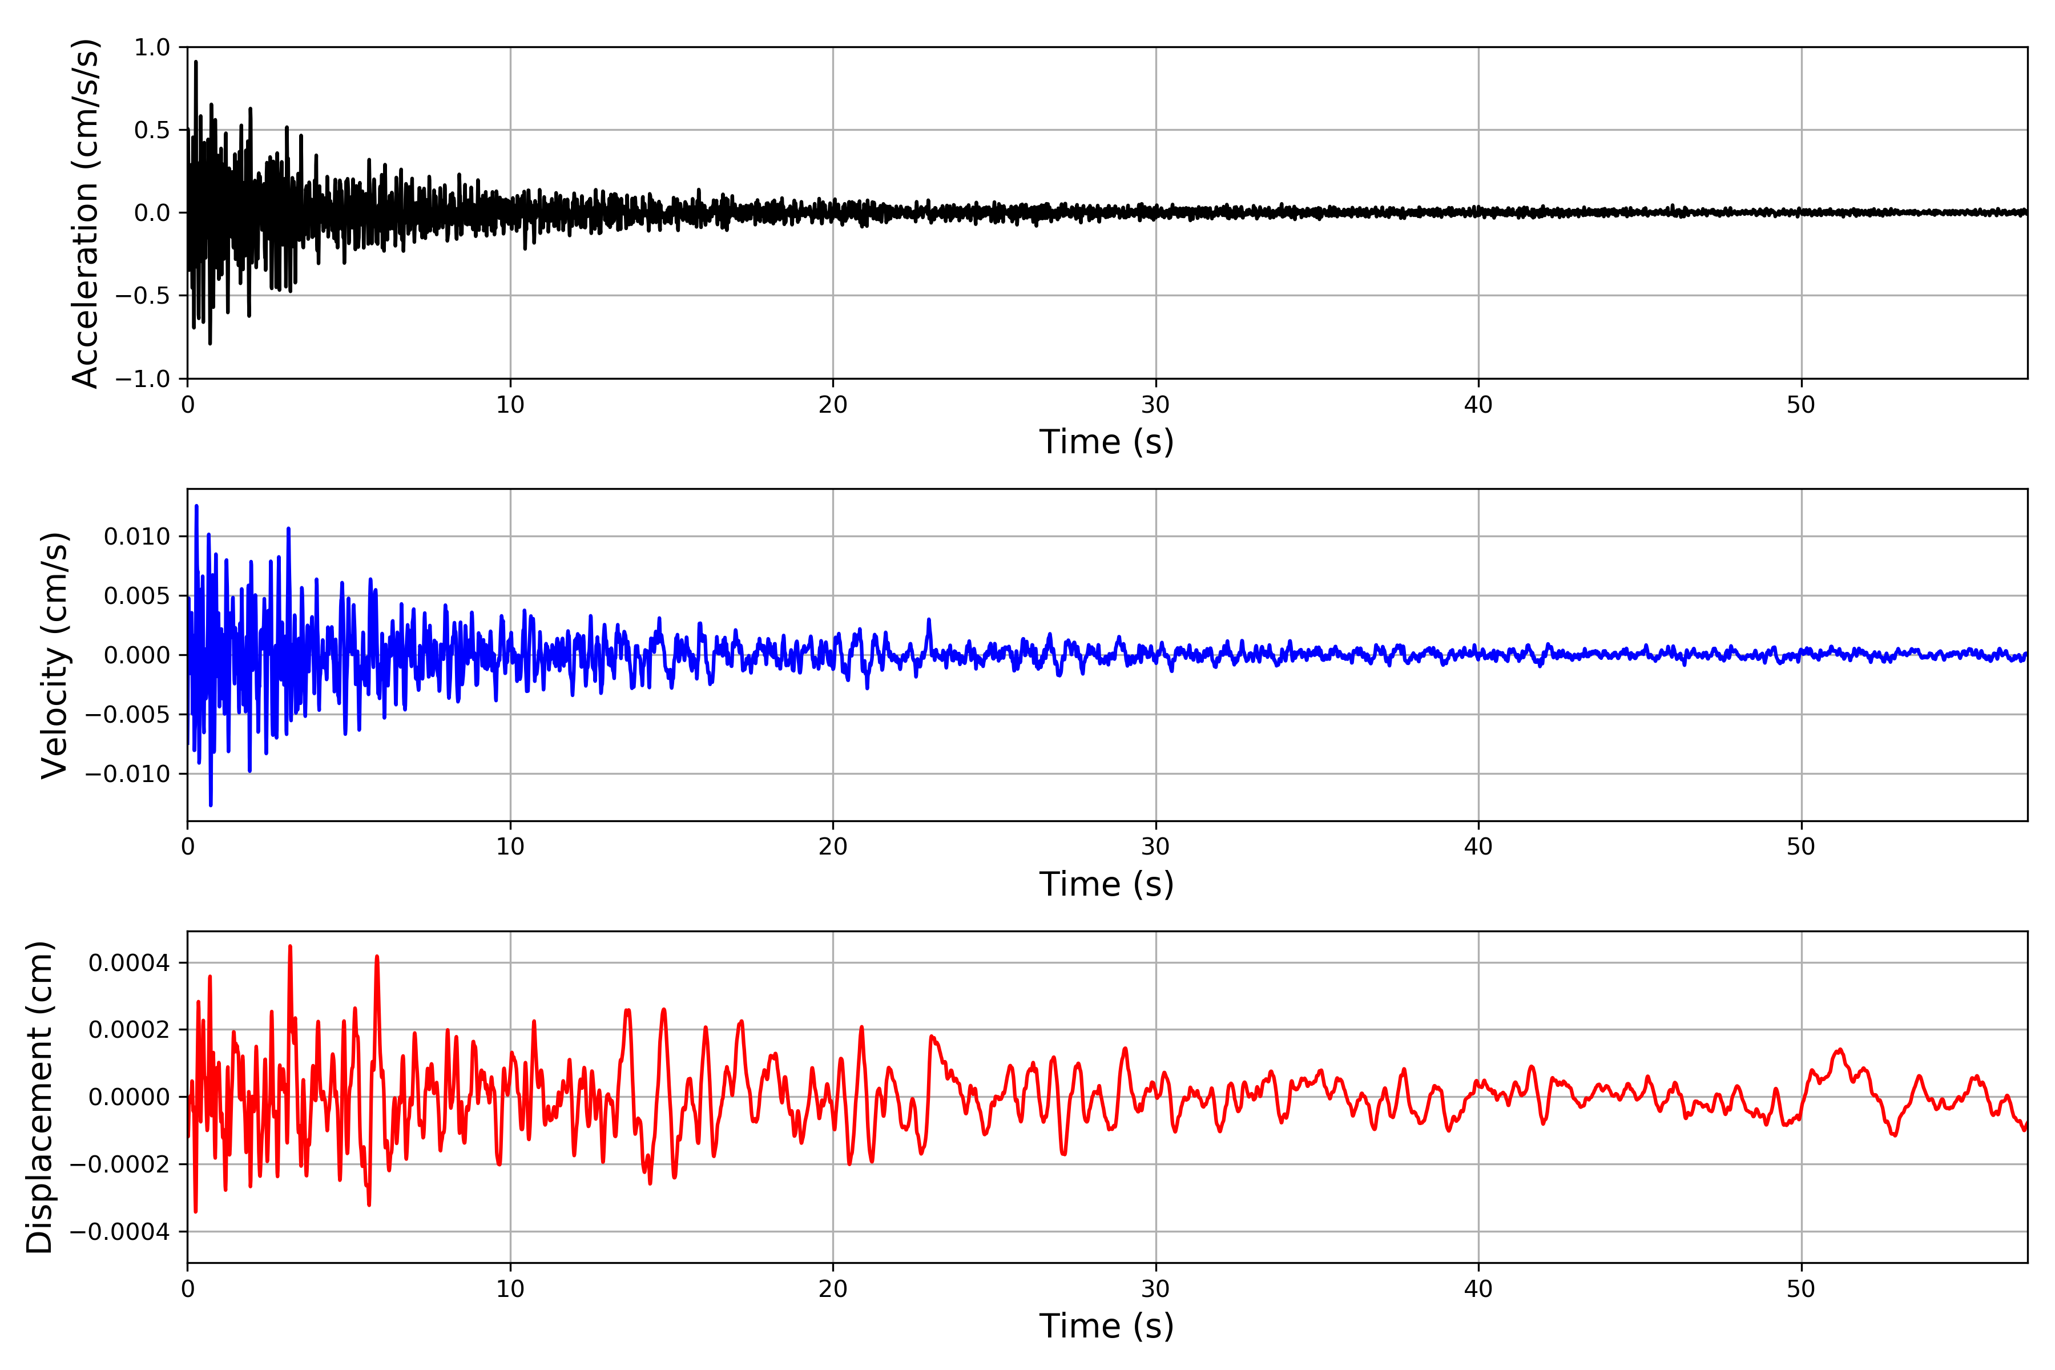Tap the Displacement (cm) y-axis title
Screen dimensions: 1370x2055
39,1097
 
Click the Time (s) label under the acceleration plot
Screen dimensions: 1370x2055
1106,442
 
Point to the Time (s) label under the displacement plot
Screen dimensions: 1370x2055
1106,1326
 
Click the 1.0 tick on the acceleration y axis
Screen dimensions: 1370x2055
151,47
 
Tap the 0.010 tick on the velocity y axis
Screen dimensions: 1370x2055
136,537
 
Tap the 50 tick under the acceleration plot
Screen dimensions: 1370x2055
1801,405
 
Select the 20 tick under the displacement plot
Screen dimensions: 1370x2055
833,1289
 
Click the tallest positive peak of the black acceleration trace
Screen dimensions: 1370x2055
196,62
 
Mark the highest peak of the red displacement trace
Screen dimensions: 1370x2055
290,946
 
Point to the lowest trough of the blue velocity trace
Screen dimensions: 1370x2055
211,805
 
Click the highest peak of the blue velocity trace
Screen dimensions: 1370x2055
196,506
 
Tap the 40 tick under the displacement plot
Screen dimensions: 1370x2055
1478,1289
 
